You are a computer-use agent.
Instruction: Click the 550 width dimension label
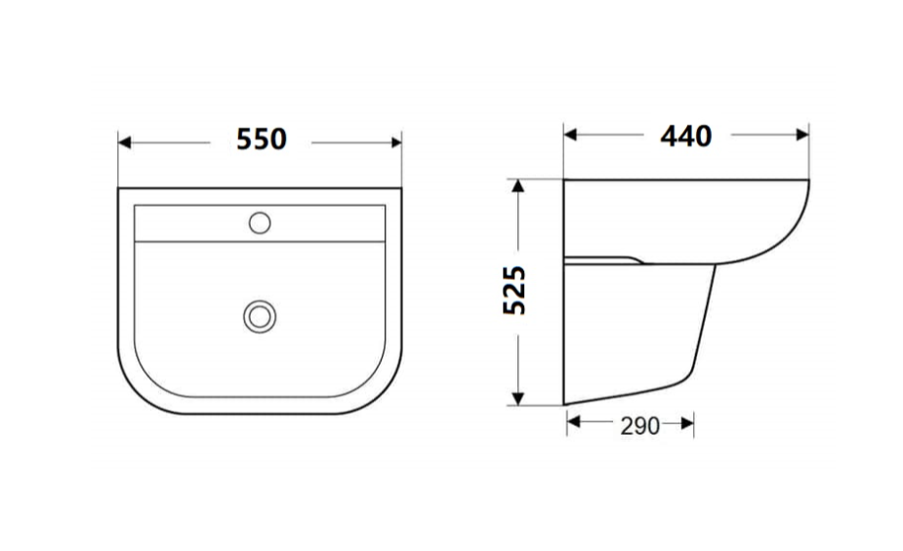click(261, 139)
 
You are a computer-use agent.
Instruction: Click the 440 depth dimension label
click(685, 136)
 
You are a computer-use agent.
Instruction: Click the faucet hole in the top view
click(260, 222)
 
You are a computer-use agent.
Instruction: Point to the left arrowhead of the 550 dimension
click(125, 142)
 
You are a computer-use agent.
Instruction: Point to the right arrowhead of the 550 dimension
click(395, 142)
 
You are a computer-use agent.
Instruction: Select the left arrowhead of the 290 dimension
click(573, 422)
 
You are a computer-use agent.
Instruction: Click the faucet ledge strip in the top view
click(260, 223)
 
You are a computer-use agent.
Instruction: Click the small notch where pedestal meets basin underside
click(635, 260)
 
